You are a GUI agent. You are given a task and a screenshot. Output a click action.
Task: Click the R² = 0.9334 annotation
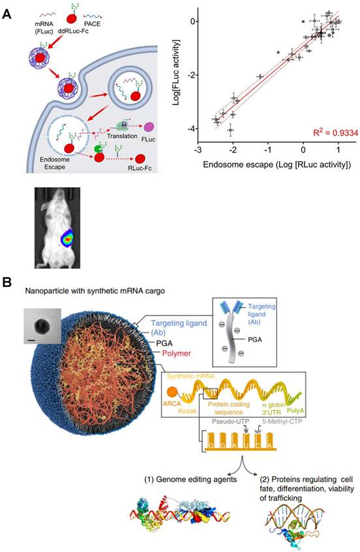335,132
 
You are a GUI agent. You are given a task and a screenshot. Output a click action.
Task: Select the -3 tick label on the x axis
199,149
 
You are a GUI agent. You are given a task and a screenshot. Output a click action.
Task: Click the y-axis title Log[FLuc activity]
176,72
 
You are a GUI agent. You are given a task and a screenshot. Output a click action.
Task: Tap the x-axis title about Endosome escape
277,164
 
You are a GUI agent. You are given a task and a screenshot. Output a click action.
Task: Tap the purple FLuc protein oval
148,127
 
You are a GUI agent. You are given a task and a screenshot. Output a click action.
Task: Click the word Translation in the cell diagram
122,136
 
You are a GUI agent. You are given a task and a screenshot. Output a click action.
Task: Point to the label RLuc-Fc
140,168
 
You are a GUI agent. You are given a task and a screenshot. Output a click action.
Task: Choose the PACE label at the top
93,24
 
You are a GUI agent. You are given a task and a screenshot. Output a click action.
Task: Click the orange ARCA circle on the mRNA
172,392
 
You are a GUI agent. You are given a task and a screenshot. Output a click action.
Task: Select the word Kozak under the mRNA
188,411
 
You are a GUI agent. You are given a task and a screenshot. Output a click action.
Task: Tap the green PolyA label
295,411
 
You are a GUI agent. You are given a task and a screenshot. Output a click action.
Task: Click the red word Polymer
177,353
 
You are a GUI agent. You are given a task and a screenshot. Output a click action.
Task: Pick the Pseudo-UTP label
231,421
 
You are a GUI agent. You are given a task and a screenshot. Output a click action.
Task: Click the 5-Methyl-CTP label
282,421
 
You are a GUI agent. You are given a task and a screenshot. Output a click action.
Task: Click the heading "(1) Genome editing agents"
190,479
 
